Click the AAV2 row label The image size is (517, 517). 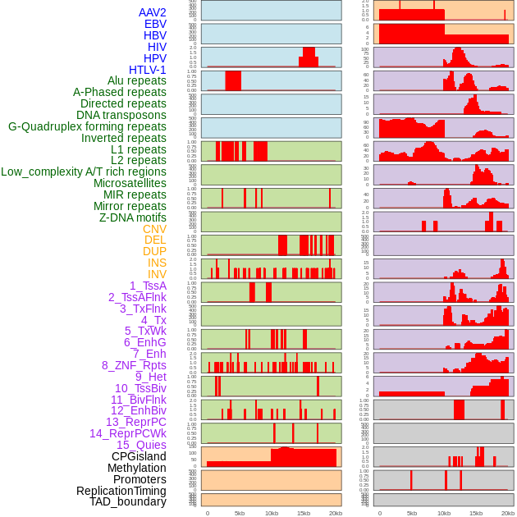(153, 12)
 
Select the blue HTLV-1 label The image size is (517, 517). (148, 70)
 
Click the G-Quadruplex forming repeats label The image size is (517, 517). (87, 126)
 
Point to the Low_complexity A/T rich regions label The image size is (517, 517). (84, 172)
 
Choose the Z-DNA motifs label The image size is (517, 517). (133, 217)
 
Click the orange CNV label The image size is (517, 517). (154, 229)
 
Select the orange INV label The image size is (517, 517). (157, 274)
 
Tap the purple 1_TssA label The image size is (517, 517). (148, 286)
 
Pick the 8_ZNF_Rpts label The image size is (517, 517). (134, 365)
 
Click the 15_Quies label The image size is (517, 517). (141, 445)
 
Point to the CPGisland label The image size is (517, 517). (139, 456)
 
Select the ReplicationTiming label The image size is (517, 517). (121, 491)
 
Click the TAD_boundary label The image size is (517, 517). (128, 501)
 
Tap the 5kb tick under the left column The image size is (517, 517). (240, 514)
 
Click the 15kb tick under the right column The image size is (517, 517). (476, 514)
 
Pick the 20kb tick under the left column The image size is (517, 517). (336, 514)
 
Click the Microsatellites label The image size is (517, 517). (130, 183)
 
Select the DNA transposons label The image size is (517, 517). (121, 115)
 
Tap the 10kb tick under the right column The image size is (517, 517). (444, 514)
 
